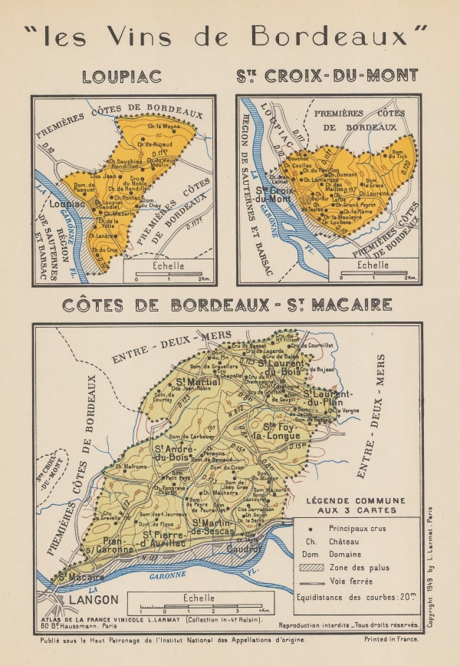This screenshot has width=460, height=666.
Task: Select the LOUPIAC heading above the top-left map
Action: coord(123,76)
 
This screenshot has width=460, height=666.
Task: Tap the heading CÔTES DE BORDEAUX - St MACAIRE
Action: coord(227,305)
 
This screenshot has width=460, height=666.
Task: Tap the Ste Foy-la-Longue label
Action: coord(285,430)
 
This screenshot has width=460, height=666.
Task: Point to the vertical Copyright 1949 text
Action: coord(430,568)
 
